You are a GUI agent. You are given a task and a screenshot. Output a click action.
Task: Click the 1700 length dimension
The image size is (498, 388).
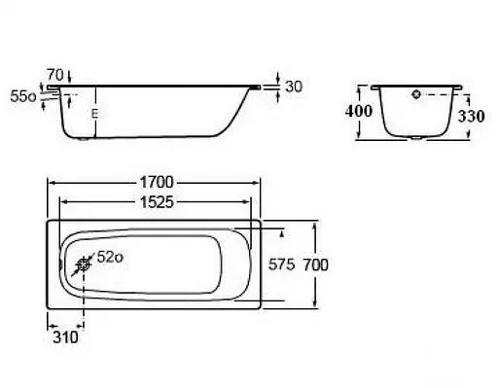click(x=157, y=182)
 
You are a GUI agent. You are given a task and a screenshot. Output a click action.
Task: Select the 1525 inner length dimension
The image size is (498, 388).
click(x=157, y=202)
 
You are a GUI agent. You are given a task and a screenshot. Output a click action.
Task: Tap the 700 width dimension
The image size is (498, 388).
click(x=315, y=265)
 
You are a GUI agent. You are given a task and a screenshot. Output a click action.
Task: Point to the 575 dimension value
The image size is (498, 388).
click(x=281, y=265)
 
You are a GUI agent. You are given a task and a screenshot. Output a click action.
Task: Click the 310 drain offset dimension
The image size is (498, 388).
click(x=65, y=337)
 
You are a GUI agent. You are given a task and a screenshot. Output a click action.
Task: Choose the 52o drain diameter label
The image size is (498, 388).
click(x=110, y=258)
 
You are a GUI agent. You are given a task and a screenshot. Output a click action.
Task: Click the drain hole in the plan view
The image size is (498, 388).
click(x=84, y=265)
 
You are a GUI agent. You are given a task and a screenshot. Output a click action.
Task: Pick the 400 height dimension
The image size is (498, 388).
click(x=358, y=111)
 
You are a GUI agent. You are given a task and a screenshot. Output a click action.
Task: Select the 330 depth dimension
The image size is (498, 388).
click(x=471, y=116)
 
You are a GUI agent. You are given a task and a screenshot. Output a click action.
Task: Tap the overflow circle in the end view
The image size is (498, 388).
click(x=416, y=94)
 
